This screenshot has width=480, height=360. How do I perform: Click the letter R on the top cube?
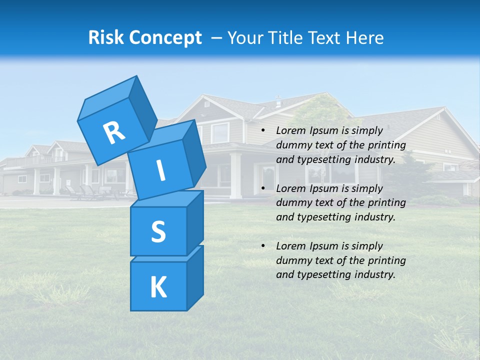click(x=114, y=132)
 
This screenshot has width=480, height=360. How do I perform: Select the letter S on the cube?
click(x=158, y=231)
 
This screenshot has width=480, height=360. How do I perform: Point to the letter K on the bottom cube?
click(x=158, y=287)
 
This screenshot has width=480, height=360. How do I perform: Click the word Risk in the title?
click(x=106, y=37)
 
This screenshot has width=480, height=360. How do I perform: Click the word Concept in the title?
click(x=165, y=37)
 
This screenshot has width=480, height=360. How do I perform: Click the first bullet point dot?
click(x=263, y=131)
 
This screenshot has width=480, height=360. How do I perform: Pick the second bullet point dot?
click(x=263, y=189)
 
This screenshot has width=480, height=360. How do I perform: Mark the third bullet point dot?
click(x=263, y=246)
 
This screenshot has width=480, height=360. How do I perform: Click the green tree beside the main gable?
click(x=320, y=107)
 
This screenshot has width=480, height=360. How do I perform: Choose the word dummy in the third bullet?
click(x=293, y=260)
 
